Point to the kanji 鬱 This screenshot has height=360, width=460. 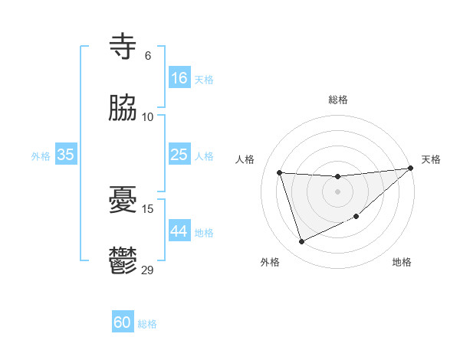(x=123, y=260)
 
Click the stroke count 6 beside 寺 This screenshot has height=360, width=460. (x=148, y=56)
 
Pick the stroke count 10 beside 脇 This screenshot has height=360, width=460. (x=148, y=116)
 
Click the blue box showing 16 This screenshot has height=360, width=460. (x=179, y=78)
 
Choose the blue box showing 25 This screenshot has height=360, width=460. (x=179, y=155)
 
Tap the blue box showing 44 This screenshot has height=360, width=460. (x=179, y=231)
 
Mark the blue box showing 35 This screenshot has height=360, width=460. (x=65, y=155)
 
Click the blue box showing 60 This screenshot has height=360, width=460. (x=123, y=322)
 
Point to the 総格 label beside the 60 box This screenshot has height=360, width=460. (x=147, y=324)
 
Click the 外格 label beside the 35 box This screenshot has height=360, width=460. (x=41, y=156)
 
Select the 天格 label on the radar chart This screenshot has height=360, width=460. (x=431, y=159)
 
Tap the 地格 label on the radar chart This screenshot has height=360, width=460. (x=402, y=262)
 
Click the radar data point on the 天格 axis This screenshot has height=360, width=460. (x=410, y=169)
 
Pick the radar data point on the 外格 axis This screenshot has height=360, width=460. (x=301, y=242)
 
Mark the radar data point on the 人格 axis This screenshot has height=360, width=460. (x=280, y=172)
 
